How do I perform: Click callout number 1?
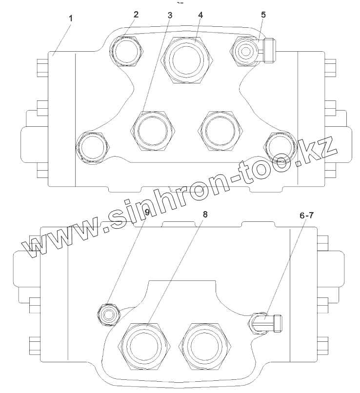[x=71, y=19]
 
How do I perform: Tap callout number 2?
[x=136, y=15]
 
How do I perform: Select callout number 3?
[x=170, y=15]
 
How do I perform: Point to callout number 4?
[x=200, y=15]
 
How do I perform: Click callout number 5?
[x=263, y=15]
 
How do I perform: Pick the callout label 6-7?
[x=306, y=216]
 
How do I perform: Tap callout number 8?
[x=205, y=214]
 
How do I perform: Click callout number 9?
[x=147, y=212]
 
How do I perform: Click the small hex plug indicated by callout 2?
[x=127, y=51]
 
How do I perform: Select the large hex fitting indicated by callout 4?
[x=187, y=60]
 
